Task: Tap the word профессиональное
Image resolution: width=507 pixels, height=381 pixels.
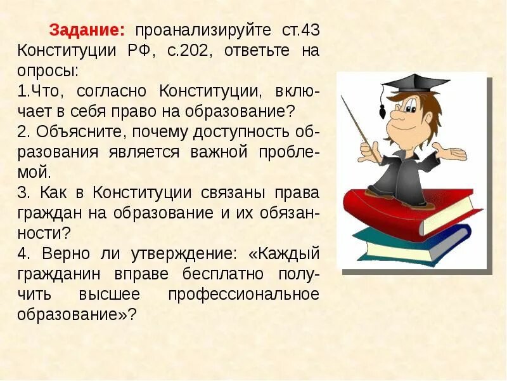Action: coord(243,295)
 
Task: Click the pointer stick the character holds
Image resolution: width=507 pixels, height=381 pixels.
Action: coord(361,127)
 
